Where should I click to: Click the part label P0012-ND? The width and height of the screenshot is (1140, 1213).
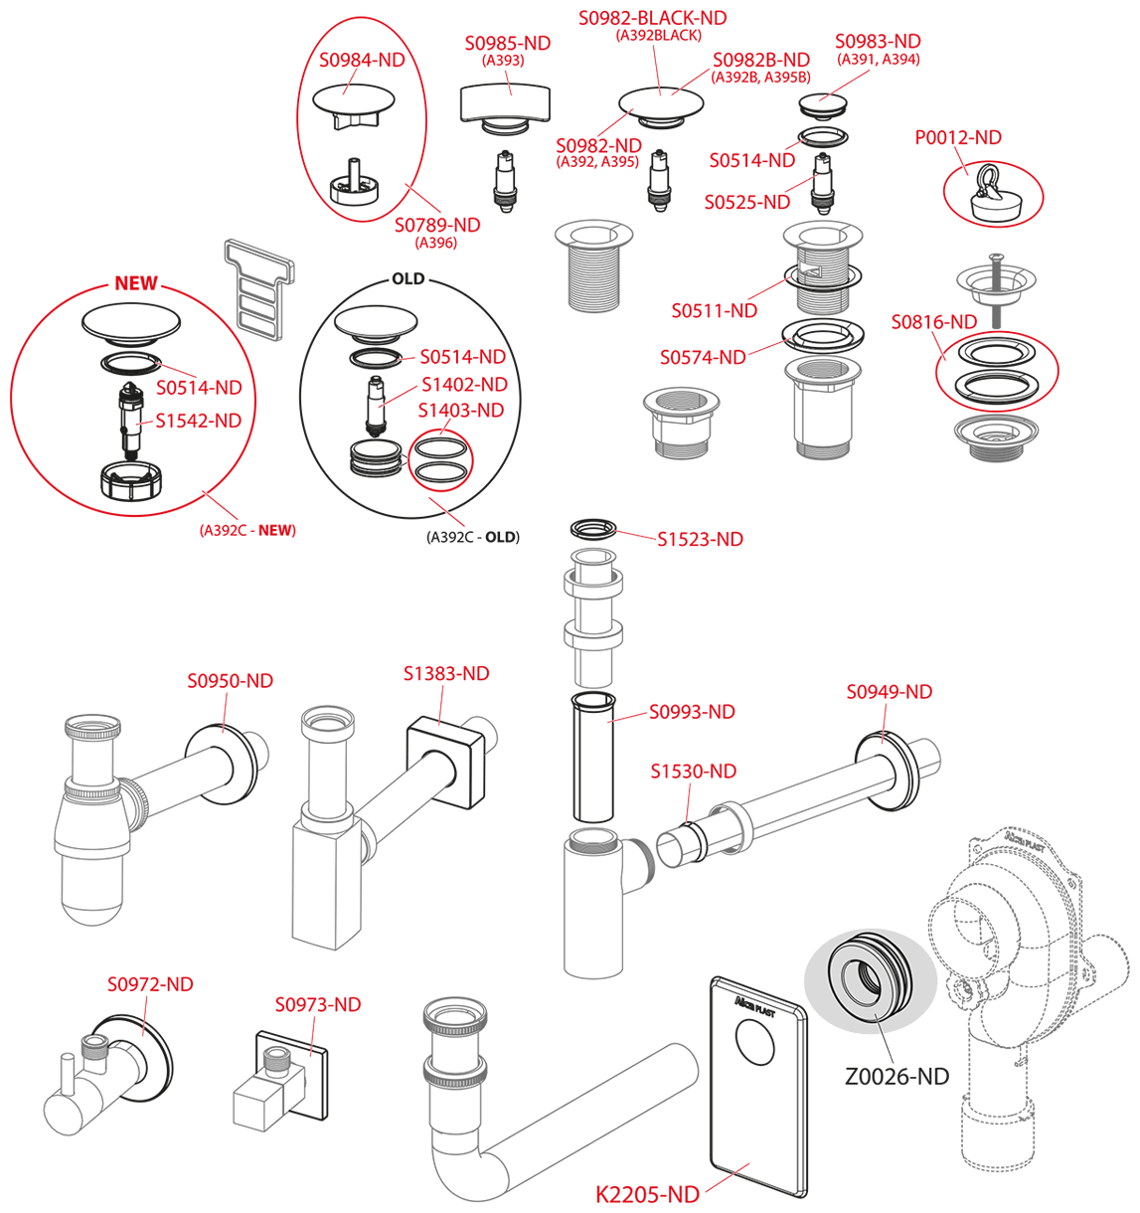957,137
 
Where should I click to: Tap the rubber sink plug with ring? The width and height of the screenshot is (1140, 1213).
995,194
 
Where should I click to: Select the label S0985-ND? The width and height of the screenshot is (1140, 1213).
508,44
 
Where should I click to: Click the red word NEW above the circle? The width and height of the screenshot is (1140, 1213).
136,282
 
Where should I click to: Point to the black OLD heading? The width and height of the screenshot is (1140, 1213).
407,278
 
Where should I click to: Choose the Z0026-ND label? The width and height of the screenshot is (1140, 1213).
896,1076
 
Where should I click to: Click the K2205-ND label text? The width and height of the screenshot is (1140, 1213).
647,1194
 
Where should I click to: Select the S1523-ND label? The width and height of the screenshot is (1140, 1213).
700,539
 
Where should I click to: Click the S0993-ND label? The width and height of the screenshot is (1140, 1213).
692,712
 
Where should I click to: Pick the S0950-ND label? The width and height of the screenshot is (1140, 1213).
230,680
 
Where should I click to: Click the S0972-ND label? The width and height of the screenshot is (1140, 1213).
150,984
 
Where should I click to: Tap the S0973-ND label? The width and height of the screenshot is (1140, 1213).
317,1004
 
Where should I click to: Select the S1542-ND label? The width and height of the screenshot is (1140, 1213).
199,421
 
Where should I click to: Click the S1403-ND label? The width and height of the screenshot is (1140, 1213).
461,410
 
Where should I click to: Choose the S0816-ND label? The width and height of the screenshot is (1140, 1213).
934,321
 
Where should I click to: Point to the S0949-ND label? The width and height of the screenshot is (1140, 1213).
890,691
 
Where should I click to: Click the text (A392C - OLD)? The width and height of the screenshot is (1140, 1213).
473,537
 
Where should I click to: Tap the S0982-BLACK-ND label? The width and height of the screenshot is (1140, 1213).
653,18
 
